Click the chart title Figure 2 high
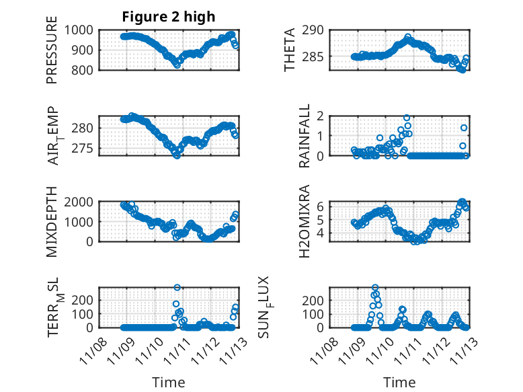coord(169,17)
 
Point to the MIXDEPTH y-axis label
coord(52,222)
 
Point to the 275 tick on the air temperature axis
coord(87,149)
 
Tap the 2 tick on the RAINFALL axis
coord(322,116)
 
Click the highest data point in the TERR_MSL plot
coord(177,288)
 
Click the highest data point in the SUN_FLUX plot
coord(375,288)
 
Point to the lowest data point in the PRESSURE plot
coord(177,65)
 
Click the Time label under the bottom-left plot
coord(169,382)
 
